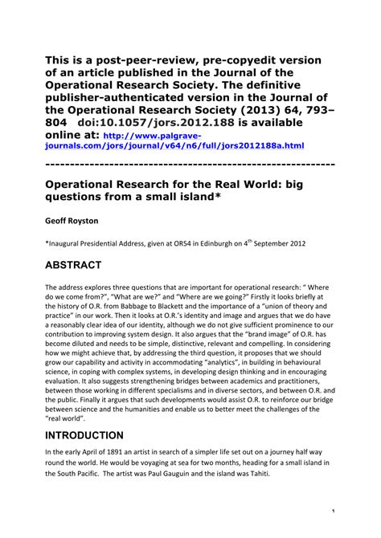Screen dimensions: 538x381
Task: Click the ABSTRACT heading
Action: click(85, 265)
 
